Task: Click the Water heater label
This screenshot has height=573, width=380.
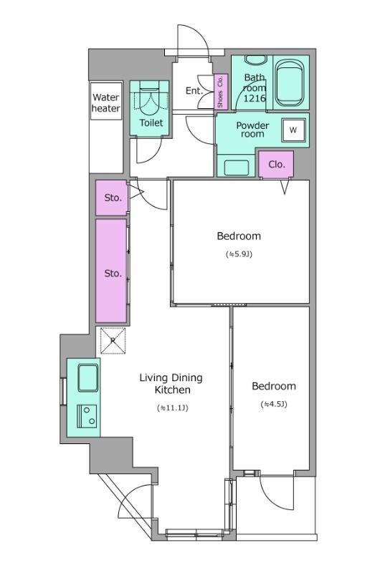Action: click(x=105, y=102)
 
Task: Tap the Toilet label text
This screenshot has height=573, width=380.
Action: click(x=151, y=122)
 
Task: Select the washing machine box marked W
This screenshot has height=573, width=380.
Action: click(x=293, y=130)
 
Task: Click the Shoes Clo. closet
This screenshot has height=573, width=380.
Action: click(x=221, y=92)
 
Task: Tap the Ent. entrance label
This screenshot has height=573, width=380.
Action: click(x=194, y=91)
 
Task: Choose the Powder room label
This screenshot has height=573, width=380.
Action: click(x=252, y=130)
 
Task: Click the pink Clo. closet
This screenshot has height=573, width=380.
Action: click(x=276, y=165)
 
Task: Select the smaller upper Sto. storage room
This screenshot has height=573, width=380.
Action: click(x=112, y=198)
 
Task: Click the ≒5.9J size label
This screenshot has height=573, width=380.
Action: click(x=239, y=254)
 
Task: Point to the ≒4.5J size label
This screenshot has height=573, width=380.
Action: click(x=274, y=404)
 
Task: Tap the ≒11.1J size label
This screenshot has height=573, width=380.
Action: click(x=172, y=408)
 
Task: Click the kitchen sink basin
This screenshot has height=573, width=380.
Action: click(x=87, y=378)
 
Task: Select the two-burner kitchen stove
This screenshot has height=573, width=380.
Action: click(x=87, y=416)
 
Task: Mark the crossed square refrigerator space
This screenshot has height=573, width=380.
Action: click(x=113, y=341)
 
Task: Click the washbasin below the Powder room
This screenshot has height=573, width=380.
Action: click(x=236, y=168)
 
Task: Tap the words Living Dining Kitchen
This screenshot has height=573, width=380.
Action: click(x=171, y=384)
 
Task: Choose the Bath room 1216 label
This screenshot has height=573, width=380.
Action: click(x=255, y=87)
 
